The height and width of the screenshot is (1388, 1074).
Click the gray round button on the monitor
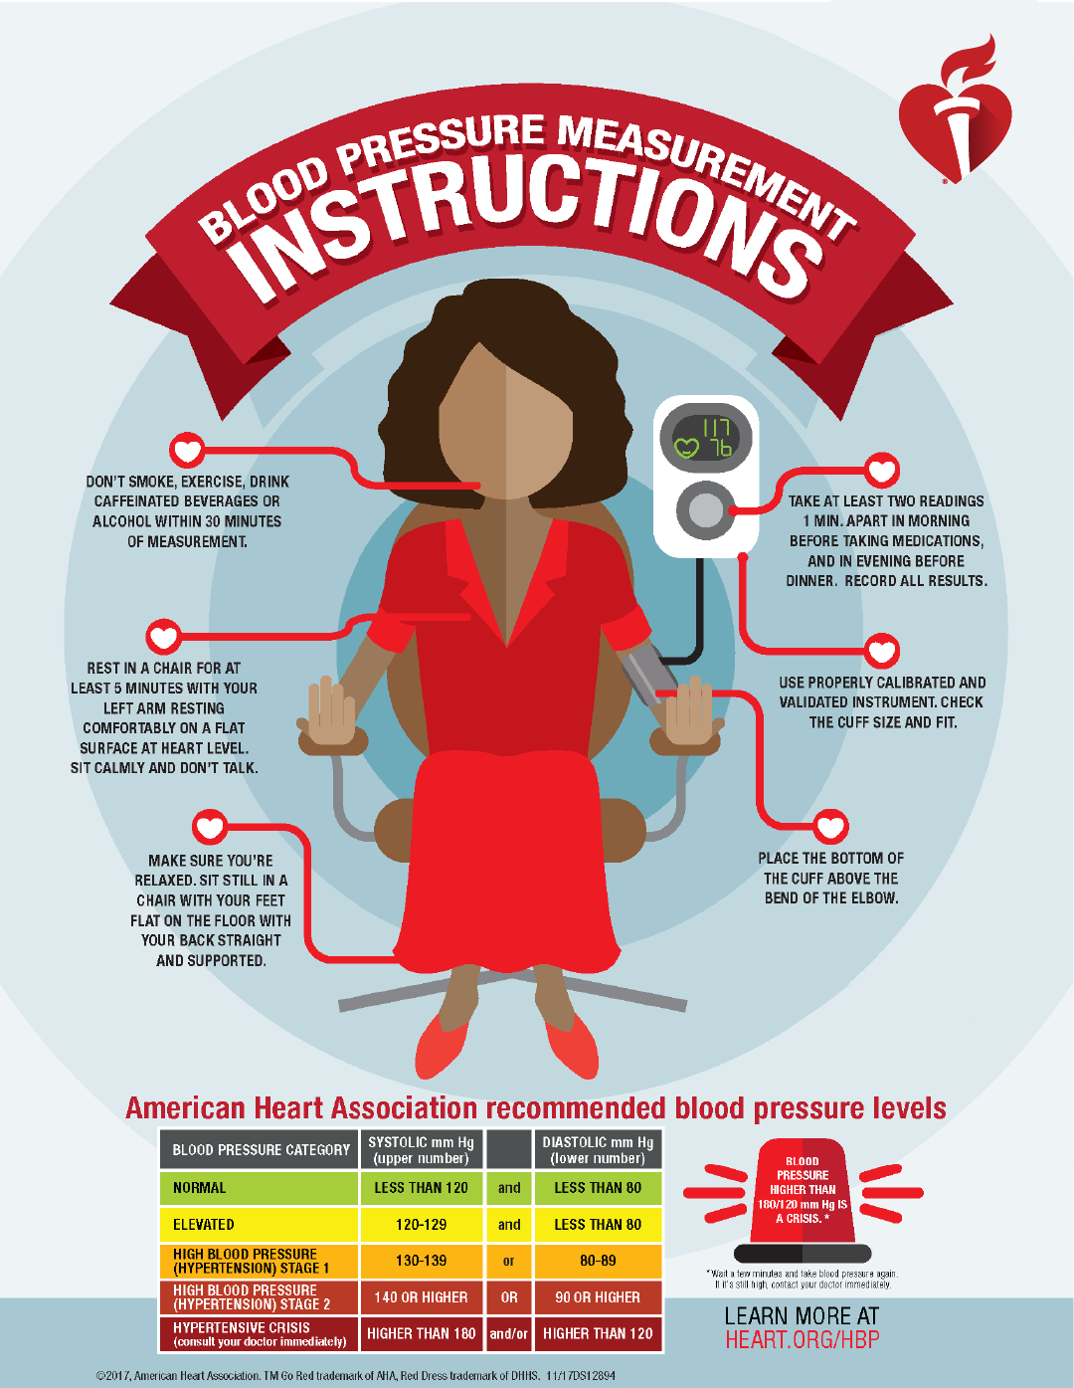click(704, 510)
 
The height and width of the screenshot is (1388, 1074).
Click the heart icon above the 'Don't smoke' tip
click(186, 450)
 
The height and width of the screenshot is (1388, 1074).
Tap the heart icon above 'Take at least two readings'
click(882, 470)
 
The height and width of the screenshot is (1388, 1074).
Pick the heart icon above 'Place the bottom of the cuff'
click(830, 827)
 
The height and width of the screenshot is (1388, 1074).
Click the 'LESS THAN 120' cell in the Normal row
click(422, 1187)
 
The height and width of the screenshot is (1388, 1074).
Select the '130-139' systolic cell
click(422, 1261)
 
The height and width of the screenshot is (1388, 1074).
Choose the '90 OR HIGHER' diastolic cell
click(598, 1296)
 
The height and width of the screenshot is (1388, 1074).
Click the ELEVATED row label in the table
click(204, 1225)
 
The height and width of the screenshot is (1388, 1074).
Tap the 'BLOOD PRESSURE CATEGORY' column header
click(261, 1150)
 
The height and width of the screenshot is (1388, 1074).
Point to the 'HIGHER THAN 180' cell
click(422, 1333)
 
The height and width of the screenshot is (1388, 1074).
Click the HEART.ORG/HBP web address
click(803, 1339)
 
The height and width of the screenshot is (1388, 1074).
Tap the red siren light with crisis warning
click(803, 1200)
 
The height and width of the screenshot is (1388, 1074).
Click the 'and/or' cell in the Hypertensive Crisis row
click(508, 1333)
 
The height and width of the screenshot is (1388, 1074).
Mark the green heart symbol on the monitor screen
click(686, 448)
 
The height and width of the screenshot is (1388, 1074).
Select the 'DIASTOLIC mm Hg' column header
click(598, 1150)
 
